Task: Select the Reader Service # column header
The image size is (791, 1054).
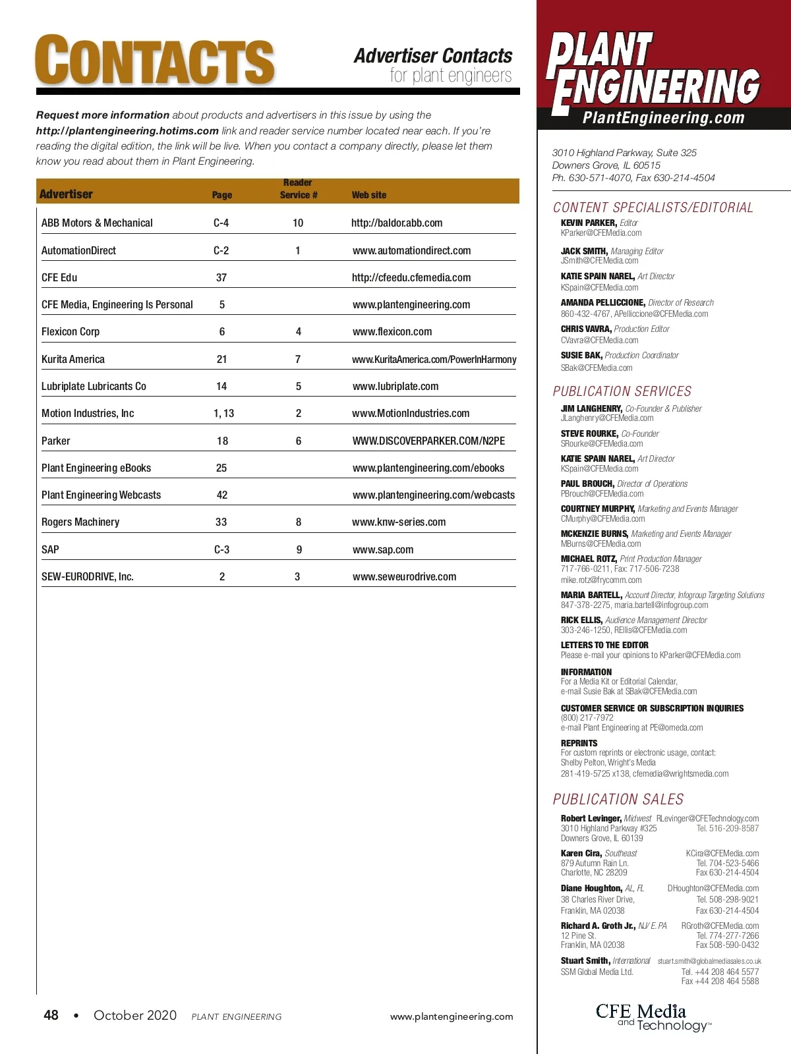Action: pos(298,189)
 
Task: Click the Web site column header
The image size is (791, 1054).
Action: pos(369,195)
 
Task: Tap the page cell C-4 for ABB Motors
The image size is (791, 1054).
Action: pos(221,223)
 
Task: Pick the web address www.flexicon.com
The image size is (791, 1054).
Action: pos(392,332)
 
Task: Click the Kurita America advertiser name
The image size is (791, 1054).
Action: pos(73,360)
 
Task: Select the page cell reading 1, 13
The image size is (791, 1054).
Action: pos(224,414)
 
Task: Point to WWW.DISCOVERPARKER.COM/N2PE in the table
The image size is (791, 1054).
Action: pos(428,441)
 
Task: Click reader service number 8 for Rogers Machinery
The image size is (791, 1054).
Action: pos(299,522)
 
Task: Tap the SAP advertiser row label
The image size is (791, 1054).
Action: pos(50,549)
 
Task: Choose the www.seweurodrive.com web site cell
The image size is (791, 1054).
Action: pos(404,577)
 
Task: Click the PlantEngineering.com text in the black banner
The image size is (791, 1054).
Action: pos(663,119)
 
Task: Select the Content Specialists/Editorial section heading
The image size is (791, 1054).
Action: pos(653,208)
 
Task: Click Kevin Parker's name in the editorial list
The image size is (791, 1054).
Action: pos(589,223)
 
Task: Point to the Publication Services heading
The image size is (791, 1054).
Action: pos(622,391)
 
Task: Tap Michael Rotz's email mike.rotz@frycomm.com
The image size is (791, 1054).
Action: pos(601,580)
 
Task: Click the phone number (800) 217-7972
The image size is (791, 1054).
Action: pos(587,718)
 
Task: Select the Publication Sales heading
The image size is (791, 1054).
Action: pos(618,800)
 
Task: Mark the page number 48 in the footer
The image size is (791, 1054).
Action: pos(51,1015)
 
